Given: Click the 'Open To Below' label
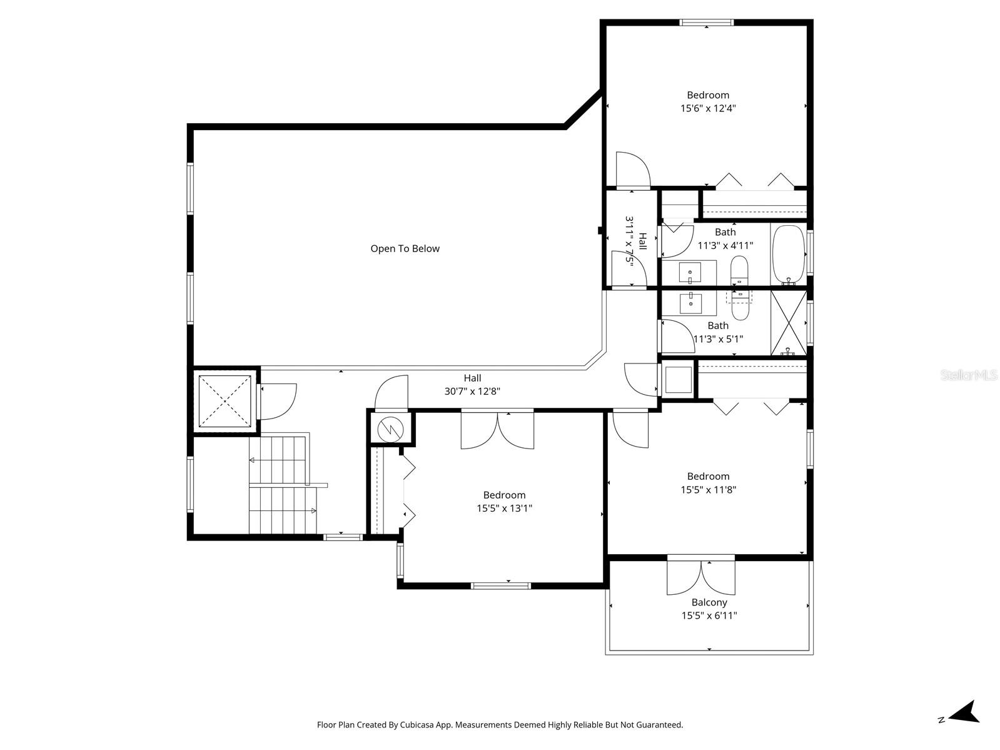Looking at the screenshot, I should [x=405, y=248].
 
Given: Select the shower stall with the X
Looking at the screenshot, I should [x=788, y=323].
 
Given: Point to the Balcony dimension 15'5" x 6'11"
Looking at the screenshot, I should [x=709, y=616].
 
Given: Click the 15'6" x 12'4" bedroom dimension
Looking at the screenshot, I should [x=708, y=108].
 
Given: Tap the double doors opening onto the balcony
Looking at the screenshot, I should [x=701, y=575].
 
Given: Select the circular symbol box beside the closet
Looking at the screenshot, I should [x=390, y=428].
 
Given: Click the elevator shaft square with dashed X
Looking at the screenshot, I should [x=223, y=400].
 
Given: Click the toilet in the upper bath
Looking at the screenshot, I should [x=740, y=269].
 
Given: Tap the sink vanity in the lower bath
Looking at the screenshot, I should [x=690, y=303].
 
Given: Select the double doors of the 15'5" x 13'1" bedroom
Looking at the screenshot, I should [x=498, y=430].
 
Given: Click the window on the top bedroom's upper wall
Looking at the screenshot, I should [x=706, y=23].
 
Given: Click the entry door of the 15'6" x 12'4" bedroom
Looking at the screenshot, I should [x=632, y=170].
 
